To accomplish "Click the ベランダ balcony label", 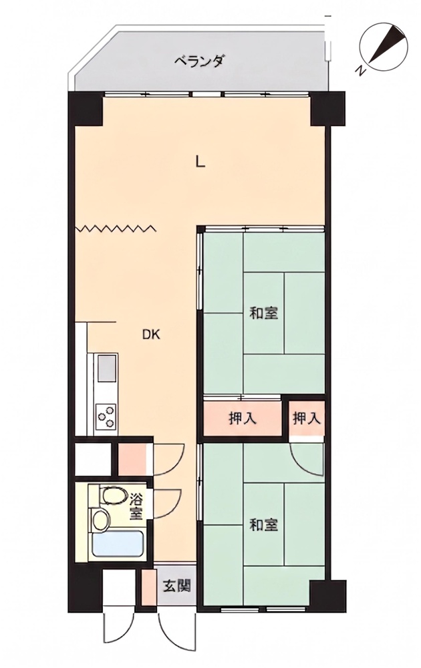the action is tap(199, 62).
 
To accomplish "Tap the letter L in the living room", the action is tap(199, 162).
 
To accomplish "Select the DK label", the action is tap(151, 335).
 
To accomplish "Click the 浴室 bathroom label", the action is tap(136, 506).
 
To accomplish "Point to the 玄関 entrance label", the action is tap(176, 587).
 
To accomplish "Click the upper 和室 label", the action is tap(264, 313).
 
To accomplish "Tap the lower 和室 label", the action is tap(264, 525).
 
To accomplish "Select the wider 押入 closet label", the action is tap(243, 419).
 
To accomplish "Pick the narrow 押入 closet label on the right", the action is tap(306, 419).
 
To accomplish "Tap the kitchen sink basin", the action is tap(106, 368).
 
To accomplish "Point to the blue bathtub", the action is tap(118, 544).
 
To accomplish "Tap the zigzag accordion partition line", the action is tap(116, 228).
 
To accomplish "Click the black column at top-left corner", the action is tap(86, 109).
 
